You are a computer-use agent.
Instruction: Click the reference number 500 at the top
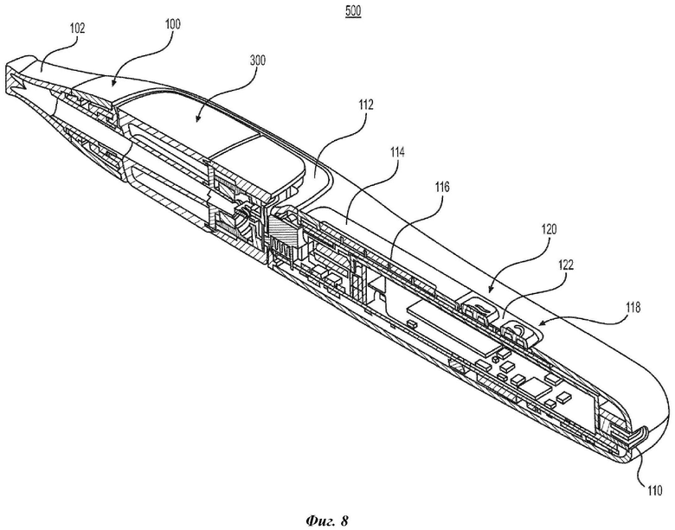click(x=352, y=11)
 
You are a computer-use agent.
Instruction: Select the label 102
click(x=78, y=29)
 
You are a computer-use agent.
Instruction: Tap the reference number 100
click(x=172, y=23)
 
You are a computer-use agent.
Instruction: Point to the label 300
click(x=257, y=61)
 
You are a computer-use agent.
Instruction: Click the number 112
click(x=365, y=105)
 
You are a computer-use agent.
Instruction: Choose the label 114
click(x=397, y=152)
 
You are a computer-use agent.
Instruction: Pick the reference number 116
click(x=441, y=187)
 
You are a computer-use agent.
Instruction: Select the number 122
click(x=566, y=265)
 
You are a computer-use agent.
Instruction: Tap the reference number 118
click(x=633, y=308)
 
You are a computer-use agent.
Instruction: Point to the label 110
click(x=653, y=491)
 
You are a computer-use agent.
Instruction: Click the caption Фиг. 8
click(x=327, y=521)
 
